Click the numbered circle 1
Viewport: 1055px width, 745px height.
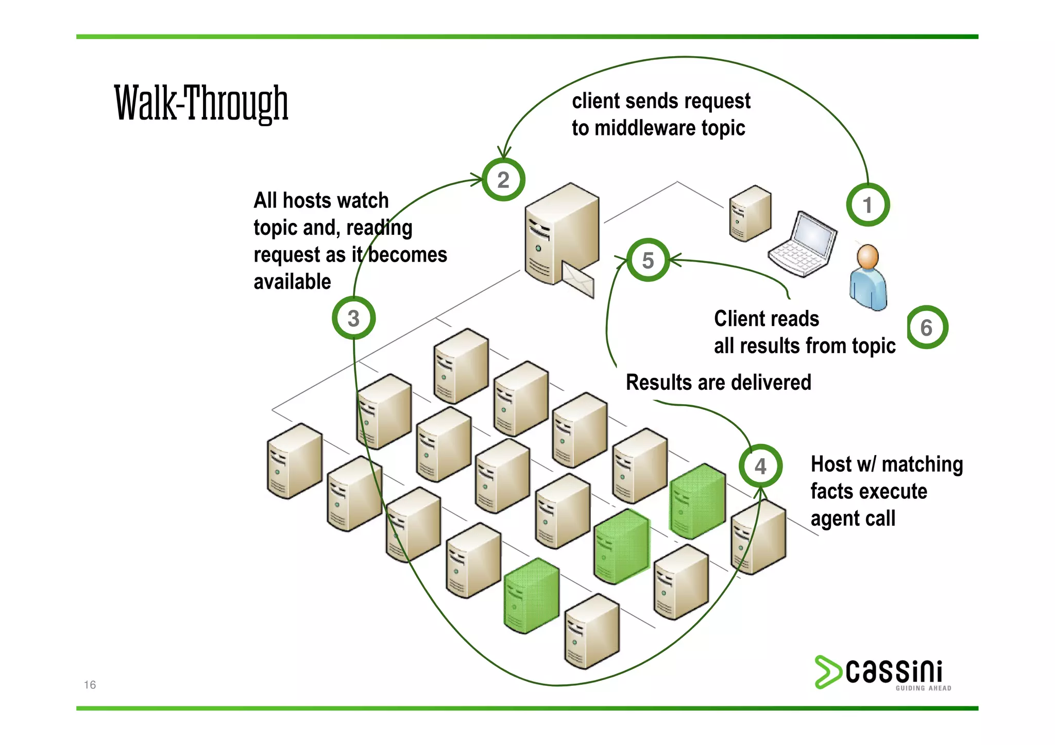click(x=868, y=205)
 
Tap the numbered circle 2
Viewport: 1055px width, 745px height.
click(x=503, y=180)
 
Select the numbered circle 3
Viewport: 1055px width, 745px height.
click(x=353, y=318)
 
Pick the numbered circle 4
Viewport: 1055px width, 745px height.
click(x=760, y=466)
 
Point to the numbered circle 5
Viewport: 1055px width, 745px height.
click(x=648, y=260)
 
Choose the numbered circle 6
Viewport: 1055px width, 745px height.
click(x=927, y=327)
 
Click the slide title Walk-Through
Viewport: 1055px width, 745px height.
click(x=201, y=103)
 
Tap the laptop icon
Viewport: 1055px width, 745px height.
click(x=802, y=244)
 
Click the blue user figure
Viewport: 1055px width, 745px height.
click(x=869, y=278)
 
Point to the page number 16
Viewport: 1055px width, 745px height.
click(x=90, y=685)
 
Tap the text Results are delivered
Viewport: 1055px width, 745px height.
click(x=718, y=383)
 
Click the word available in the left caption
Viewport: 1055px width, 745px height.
click(x=292, y=282)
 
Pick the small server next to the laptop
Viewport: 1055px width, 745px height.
click(x=750, y=214)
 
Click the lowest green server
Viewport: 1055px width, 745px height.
click(x=532, y=596)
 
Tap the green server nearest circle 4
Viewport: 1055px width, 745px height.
click(x=697, y=501)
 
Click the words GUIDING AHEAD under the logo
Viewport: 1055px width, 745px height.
click(x=923, y=688)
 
